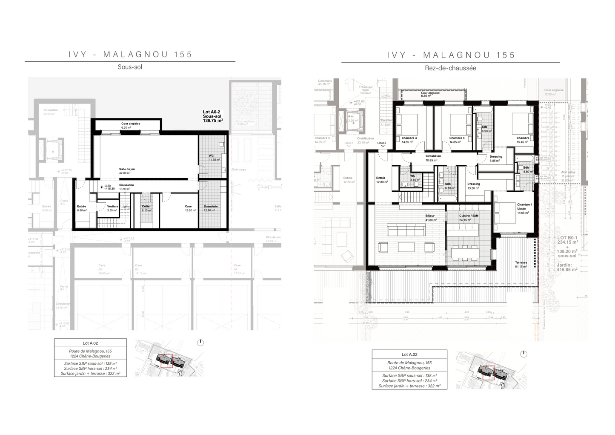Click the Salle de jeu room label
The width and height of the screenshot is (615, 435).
coord(127,171)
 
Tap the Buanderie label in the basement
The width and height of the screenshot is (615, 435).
coord(210,208)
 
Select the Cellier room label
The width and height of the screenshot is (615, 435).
coord(146,208)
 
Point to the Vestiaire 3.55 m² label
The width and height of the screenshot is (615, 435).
coord(112,208)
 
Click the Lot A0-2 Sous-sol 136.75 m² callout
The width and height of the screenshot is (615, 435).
coord(213,116)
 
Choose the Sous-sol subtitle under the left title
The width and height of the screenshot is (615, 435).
coord(130,67)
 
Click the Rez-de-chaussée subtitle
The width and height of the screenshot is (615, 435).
coord(450,68)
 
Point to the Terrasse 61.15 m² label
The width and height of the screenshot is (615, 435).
coord(521,264)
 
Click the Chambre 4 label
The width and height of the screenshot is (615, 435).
coord(409,140)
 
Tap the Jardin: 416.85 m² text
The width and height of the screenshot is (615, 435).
coord(567,267)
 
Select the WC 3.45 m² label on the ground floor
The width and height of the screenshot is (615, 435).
coord(412,178)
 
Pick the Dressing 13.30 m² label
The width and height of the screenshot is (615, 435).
coord(473,186)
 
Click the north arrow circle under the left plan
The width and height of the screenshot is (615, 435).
coord(200,343)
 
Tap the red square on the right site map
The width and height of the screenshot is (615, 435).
coord(488,372)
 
